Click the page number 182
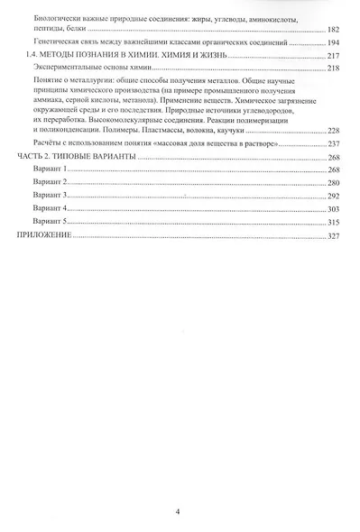click(331, 30)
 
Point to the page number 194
click(331, 42)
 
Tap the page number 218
click(331, 68)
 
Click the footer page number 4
click(180, 511)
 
